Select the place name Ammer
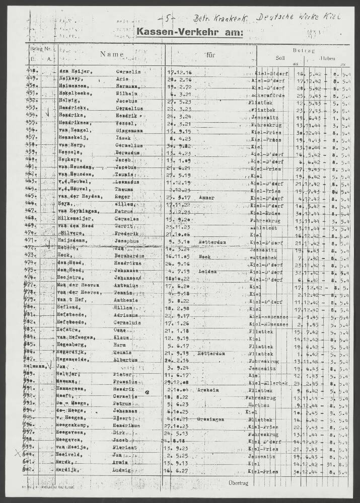click(206, 198)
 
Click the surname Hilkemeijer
click(74, 219)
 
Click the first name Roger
click(122, 198)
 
